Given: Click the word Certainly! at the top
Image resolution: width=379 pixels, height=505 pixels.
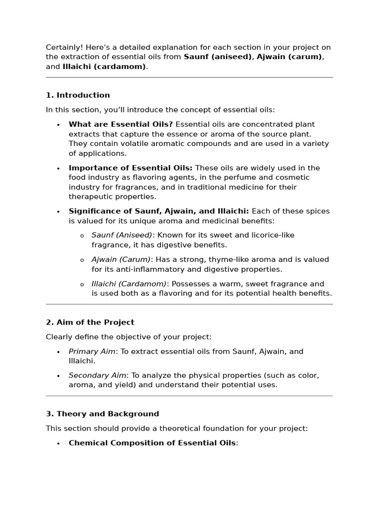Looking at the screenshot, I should coord(65,47).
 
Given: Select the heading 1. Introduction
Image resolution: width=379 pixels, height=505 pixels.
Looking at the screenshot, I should coord(78,95).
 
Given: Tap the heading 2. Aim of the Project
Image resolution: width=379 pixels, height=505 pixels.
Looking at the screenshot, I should coord(90,322).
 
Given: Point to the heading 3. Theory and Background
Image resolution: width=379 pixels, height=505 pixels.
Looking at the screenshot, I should coord(103,414).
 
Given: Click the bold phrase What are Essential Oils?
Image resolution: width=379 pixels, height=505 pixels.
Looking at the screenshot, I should coord(120,124).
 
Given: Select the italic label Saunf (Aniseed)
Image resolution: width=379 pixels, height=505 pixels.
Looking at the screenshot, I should coord(122,235).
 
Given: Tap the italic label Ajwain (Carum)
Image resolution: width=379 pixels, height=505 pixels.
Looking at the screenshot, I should coord(121,259).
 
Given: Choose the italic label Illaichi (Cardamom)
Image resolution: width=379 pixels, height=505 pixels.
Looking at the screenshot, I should coord(129,284).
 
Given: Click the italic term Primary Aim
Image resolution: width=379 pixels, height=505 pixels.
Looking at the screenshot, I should coord(92,352).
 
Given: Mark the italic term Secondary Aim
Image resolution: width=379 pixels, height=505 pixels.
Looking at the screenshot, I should coord(97,376).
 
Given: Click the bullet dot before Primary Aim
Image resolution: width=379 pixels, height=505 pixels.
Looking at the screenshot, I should coord(58,352).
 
